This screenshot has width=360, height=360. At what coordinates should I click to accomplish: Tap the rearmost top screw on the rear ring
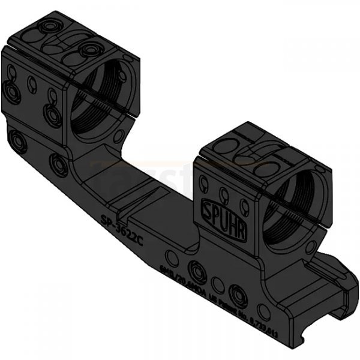[47, 27]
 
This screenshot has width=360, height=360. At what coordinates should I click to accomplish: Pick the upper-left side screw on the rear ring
[11, 91]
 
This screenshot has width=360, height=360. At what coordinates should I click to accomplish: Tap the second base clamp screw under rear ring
[59, 164]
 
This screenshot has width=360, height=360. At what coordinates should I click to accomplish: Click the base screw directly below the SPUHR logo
[197, 271]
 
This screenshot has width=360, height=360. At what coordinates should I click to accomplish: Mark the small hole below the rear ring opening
[121, 137]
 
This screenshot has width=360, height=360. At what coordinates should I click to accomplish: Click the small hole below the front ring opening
[310, 247]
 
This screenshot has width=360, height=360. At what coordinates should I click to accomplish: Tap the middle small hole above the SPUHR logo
[223, 194]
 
